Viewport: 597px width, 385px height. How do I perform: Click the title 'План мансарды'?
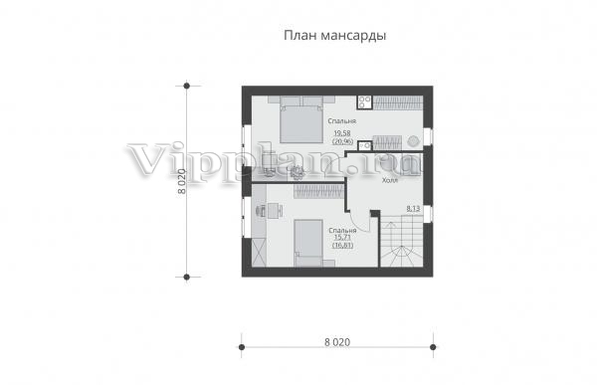coord(335,36)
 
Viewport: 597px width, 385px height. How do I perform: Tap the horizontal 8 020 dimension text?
coord(337,342)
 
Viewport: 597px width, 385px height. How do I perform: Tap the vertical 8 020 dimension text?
coord(182,181)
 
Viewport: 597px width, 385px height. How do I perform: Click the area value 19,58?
coord(342,133)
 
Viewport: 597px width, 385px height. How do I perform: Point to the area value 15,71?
coord(342,237)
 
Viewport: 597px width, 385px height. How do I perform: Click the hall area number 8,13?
coord(413,208)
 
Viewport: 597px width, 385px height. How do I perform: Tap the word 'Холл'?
coord(390,180)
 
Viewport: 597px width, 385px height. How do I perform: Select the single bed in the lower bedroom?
coord(308,243)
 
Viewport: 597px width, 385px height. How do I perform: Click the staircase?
coord(401,241)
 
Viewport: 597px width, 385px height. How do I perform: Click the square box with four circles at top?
coord(364,102)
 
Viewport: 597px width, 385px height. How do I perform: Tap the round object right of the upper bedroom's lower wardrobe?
coord(412,141)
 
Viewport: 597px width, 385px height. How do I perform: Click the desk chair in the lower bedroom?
coord(261,210)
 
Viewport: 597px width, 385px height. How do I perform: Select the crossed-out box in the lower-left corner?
coord(259,252)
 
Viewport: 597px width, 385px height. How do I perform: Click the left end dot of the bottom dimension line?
coord(242,347)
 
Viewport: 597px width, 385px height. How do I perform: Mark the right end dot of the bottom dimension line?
coord(433,347)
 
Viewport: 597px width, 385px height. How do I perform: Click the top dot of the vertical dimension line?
coord(187,86)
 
